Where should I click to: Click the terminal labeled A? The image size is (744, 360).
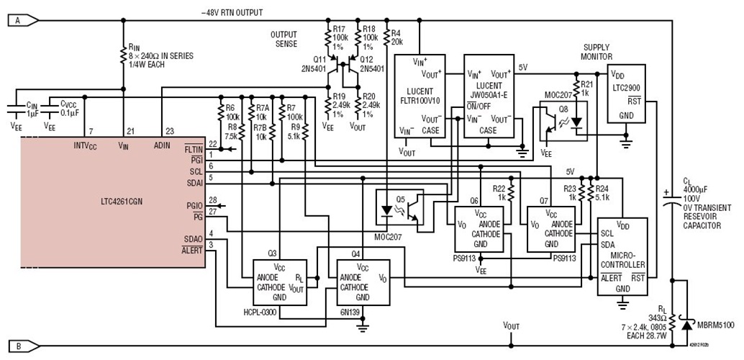pos(16,22)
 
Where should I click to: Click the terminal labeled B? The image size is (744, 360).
pos(16,346)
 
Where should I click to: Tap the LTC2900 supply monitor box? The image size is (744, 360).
pos(627,94)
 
